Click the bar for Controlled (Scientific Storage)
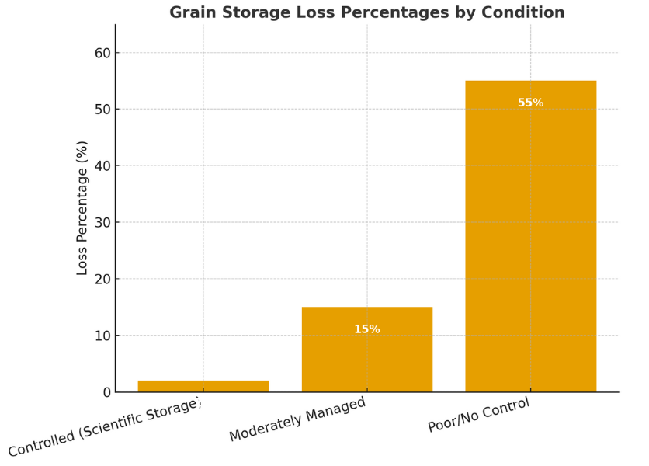pos(203,386)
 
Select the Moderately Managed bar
pos(367,349)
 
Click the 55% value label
pos(531,103)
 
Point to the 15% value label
pos(367,330)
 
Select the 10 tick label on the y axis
pos(102,336)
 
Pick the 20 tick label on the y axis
pos(102,280)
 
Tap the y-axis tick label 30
pos(102,223)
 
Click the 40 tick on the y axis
pos(102,166)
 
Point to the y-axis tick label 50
pos(102,110)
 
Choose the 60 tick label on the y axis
pos(102,53)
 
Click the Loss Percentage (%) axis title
pos(83,208)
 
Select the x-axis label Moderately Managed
pos(298,420)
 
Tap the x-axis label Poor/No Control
pos(480,416)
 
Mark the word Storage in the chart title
pos(255,13)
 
